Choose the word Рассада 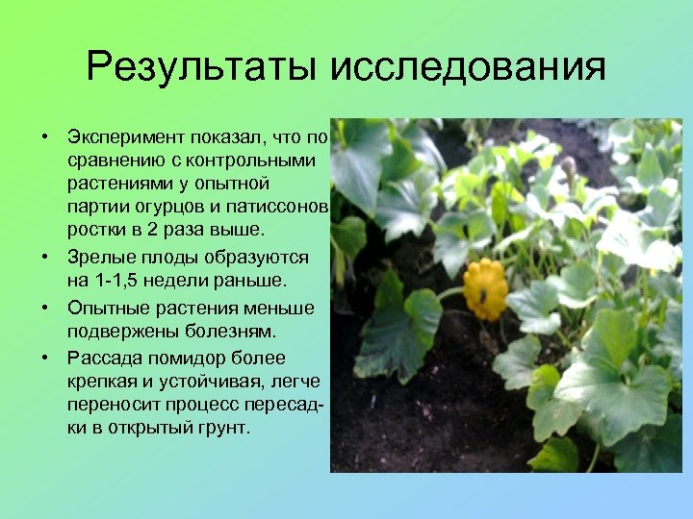103,358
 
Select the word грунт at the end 220,428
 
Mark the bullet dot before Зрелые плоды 45,258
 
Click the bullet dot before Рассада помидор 45,358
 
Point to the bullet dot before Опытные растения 45,308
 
